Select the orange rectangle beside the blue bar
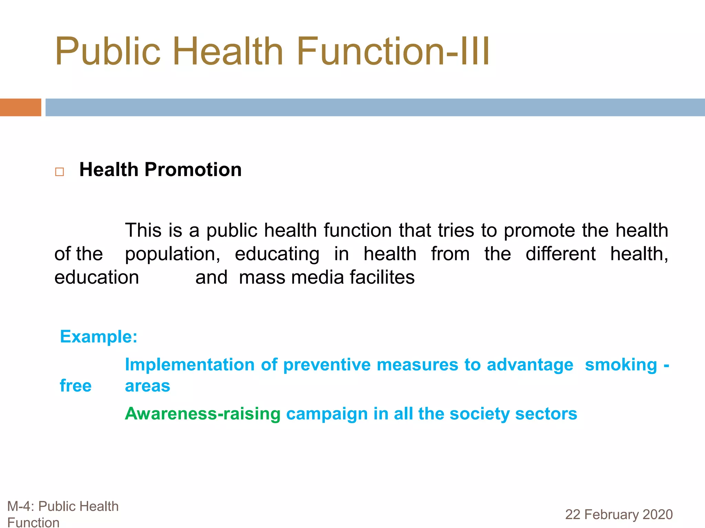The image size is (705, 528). [20, 107]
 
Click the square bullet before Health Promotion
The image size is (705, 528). [60, 172]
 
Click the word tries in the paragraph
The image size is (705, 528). [456, 230]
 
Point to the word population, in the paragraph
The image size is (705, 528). [172, 254]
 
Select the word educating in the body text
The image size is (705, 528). [277, 254]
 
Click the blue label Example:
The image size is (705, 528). [98, 337]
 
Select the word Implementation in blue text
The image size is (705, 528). [190, 365]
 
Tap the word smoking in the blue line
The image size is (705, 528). [621, 365]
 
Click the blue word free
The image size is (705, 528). [76, 386]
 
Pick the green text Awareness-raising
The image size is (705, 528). [202, 414]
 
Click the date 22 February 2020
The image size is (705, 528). [619, 514]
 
